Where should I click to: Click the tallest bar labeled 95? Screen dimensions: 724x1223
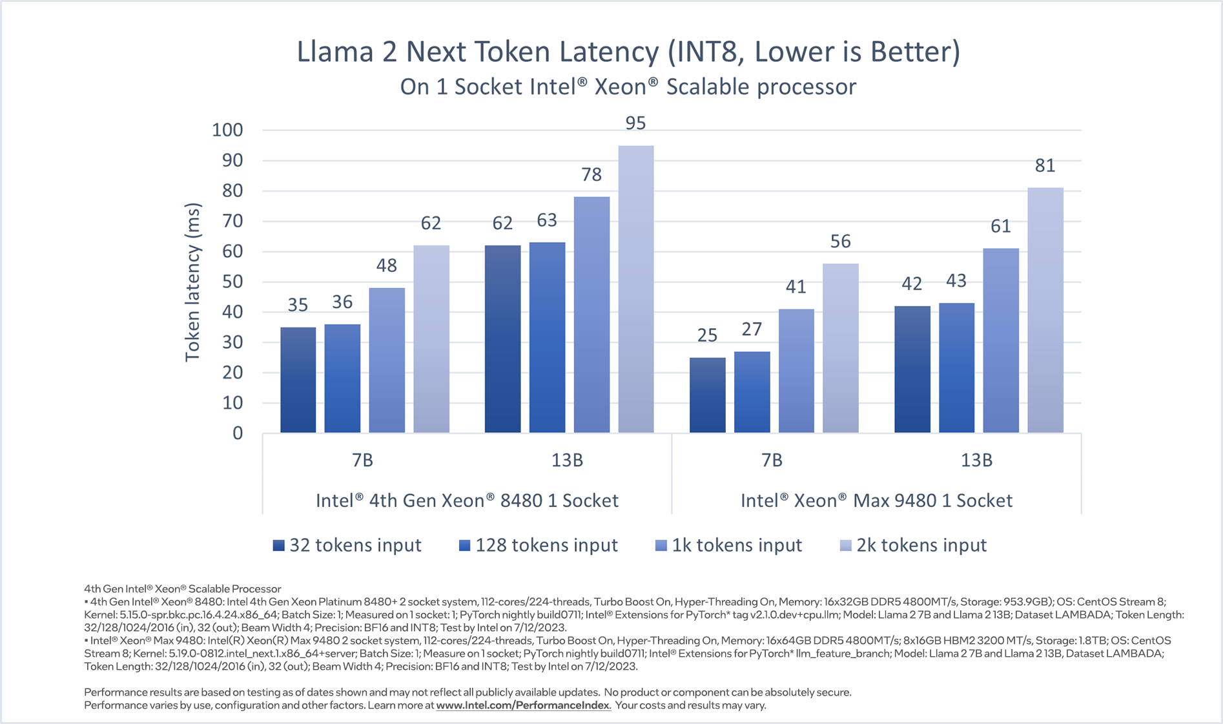click(x=636, y=289)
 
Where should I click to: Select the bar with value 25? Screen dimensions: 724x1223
click(x=707, y=395)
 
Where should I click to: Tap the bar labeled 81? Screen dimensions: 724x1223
click(x=1045, y=310)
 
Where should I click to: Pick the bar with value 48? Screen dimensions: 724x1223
click(x=387, y=360)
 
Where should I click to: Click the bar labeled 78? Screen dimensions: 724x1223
click(x=591, y=315)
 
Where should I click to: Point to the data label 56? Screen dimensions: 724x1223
click(x=840, y=242)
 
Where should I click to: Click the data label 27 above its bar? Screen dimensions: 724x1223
click(x=752, y=330)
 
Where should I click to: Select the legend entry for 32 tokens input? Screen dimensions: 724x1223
click(x=347, y=546)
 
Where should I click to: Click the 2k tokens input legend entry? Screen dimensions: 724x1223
click(x=914, y=546)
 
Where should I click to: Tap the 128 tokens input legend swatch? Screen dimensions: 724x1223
click(x=464, y=546)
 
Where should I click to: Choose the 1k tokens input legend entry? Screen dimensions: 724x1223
click(x=729, y=546)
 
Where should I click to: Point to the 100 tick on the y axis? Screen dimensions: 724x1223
click(x=227, y=130)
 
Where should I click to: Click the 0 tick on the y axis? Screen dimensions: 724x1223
click(x=238, y=433)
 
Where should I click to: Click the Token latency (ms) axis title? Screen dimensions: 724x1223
click(x=192, y=282)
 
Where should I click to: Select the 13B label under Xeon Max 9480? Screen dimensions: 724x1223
click(x=976, y=460)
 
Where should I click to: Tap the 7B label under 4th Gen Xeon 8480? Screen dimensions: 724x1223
click(x=363, y=460)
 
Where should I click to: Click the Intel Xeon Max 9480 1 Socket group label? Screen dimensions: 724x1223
click(x=876, y=501)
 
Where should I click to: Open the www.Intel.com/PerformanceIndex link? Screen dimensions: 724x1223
click(x=523, y=705)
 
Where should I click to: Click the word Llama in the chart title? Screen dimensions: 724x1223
click(x=334, y=52)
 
